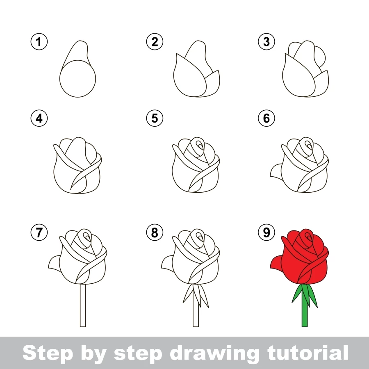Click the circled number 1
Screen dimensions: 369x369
click(x=39, y=41)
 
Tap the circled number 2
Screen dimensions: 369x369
click(x=155, y=41)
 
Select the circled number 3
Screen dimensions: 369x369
click(x=266, y=41)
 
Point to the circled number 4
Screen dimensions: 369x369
click(x=39, y=118)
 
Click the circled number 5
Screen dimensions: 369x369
click(x=155, y=118)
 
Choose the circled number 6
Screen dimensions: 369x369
click(x=266, y=118)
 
